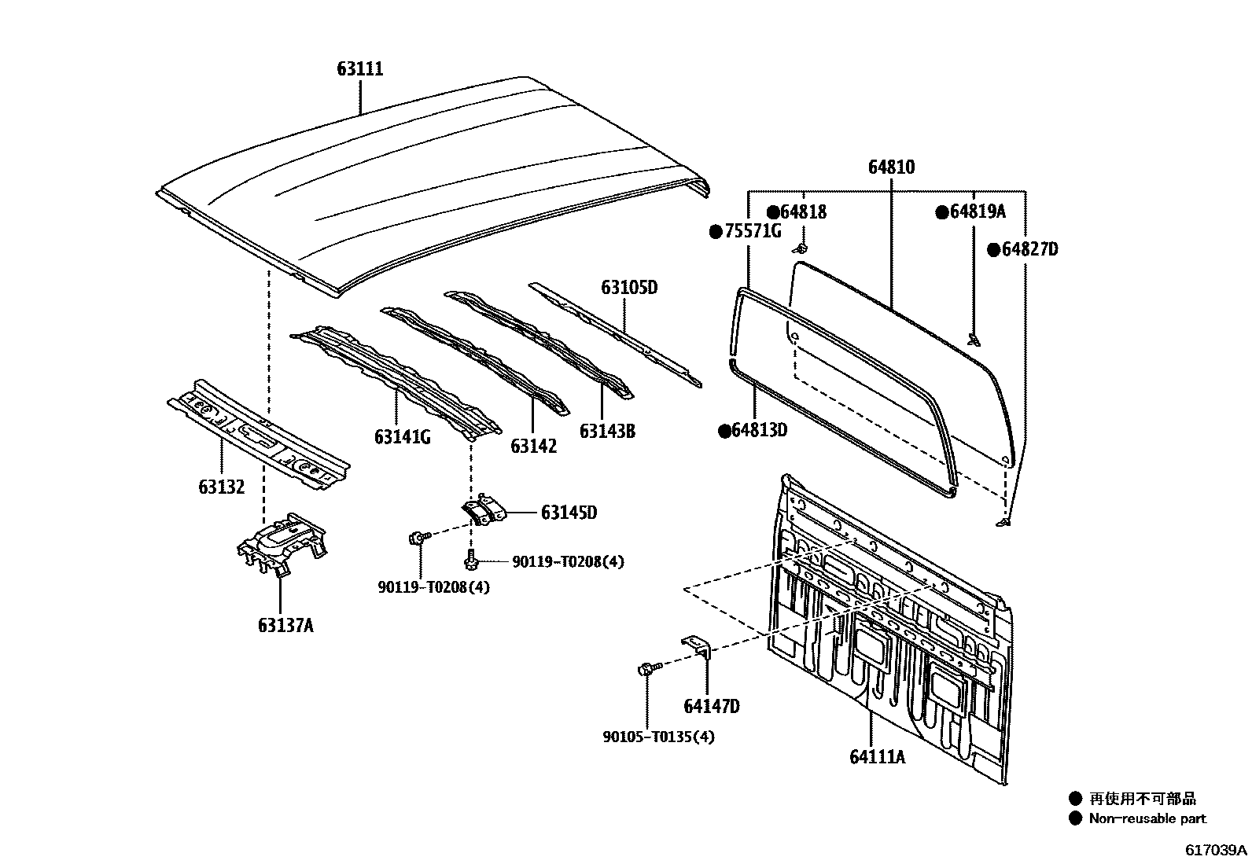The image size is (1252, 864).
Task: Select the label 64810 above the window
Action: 891,167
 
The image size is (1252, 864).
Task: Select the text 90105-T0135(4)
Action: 659,737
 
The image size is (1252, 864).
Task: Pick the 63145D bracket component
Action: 484,509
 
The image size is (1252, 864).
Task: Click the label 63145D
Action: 569,513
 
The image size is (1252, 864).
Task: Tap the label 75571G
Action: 753,231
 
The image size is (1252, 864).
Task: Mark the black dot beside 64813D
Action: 724,431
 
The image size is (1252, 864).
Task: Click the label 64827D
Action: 1029,250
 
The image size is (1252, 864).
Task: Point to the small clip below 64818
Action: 801,249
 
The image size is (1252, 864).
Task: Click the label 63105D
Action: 629,288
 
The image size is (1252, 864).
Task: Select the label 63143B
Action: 607,431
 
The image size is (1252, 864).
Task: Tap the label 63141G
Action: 402,437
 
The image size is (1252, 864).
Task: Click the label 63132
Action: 221,487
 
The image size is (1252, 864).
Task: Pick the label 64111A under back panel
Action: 877,757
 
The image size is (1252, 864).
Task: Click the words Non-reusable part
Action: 1147,818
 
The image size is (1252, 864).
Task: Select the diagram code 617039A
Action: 1217,851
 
